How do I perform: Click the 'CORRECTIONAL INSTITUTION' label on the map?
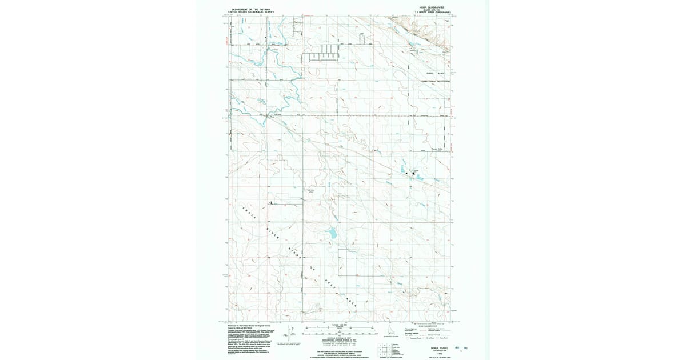(436, 81)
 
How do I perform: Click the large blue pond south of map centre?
(331, 233)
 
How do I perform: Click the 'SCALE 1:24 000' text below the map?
(340, 325)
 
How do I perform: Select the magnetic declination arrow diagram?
(290, 333)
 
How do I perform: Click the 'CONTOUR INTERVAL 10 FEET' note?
(340, 338)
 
